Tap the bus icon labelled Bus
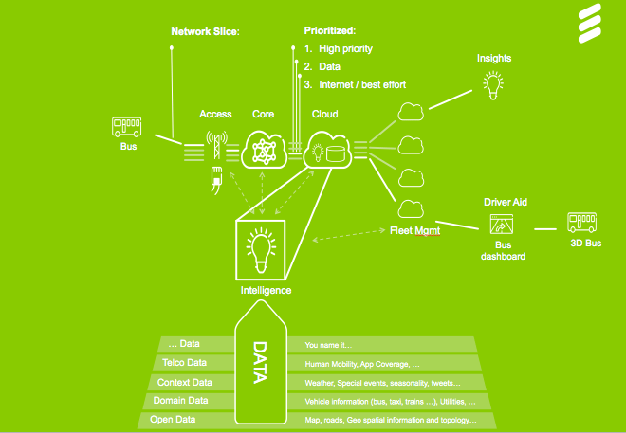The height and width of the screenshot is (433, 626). click(x=128, y=128)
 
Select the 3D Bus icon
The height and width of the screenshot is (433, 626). click(x=581, y=224)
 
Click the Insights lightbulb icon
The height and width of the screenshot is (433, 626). click(x=493, y=86)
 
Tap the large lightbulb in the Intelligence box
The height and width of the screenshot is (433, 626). click(x=260, y=247)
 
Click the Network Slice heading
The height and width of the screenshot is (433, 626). click(x=206, y=31)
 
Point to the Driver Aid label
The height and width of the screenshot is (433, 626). click(x=505, y=203)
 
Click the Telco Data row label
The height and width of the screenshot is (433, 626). click(x=184, y=363)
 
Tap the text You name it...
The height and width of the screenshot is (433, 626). click(x=327, y=345)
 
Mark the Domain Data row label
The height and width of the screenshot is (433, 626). click(x=182, y=401)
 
